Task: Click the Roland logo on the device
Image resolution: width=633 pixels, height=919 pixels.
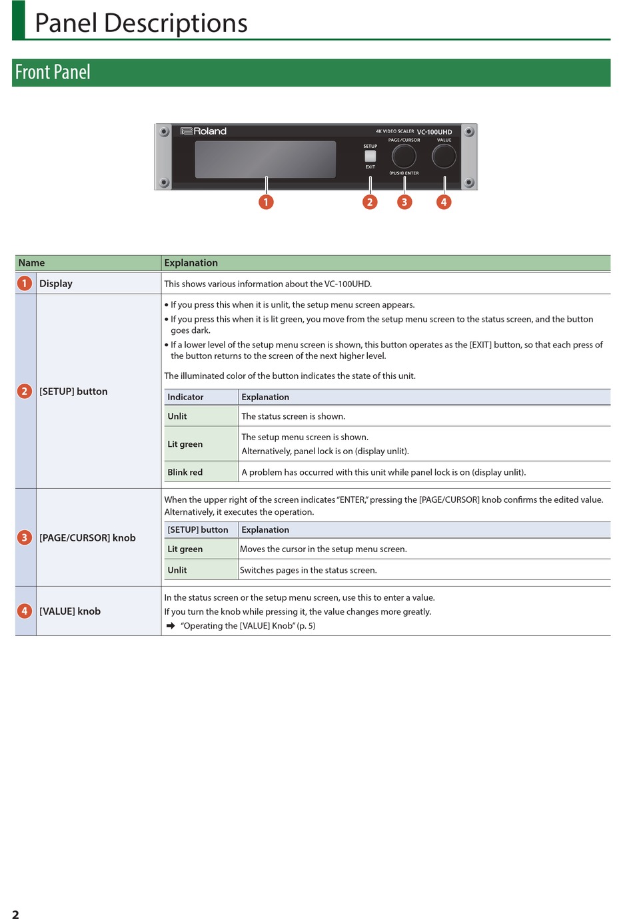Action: [204, 131]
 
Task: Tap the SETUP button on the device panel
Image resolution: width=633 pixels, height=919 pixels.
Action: [370, 156]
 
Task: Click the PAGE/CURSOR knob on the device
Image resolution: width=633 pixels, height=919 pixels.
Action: [404, 156]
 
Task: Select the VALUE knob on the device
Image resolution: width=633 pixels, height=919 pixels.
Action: [444, 156]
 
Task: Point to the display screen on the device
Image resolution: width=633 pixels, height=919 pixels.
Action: [265, 159]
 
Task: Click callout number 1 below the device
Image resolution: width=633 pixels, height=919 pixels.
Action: [266, 202]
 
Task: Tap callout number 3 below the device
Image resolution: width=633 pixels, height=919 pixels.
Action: [404, 202]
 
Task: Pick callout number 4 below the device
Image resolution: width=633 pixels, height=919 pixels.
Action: [444, 202]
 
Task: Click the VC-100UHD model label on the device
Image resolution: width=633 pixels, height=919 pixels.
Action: [434, 132]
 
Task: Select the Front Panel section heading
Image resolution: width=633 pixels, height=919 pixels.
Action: [53, 73]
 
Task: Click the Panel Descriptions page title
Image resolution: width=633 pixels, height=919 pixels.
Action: [141, 23]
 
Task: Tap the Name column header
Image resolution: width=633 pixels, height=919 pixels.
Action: [32, 263]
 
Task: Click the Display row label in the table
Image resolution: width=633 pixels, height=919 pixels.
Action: [56, 284]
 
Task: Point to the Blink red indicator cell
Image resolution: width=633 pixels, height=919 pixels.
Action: [185, 472]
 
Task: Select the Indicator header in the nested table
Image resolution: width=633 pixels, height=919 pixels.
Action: [186, 397]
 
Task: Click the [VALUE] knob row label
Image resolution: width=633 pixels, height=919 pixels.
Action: [70, 611]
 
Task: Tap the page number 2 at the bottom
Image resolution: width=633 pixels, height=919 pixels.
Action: [15, 914]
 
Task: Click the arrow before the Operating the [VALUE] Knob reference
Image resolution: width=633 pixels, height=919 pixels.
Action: [171, 626]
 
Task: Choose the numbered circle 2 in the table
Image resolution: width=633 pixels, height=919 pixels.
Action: [25, 392]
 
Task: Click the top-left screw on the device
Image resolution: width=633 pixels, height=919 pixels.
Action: [164, 132]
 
